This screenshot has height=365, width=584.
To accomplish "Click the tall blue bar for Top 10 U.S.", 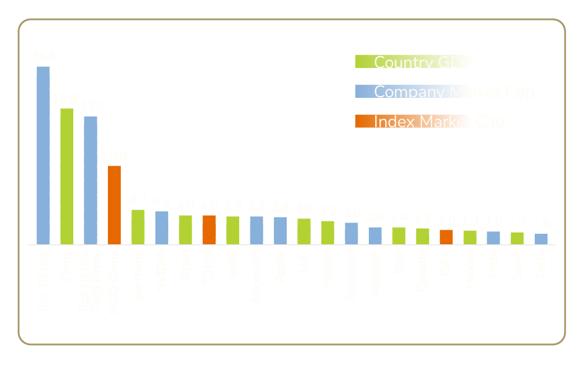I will point(43,155).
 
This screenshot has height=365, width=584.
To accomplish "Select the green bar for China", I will point(67,176).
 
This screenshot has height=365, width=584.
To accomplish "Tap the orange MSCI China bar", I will point(114,204).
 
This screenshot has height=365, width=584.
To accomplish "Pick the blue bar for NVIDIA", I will point(162,227).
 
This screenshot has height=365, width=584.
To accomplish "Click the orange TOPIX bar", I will point(209,229).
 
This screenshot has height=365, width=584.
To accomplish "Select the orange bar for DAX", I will point(446,237).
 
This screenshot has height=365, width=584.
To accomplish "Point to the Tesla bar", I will point(541,238).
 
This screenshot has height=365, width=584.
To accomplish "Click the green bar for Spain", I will point(517,238).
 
